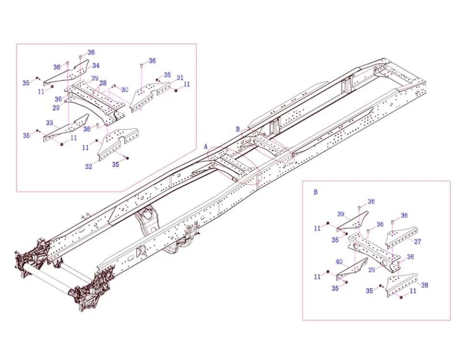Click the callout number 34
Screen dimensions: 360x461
pyautogui.click(x=96, y=66)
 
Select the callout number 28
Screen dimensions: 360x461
pyautogui.click(x=103, y=83)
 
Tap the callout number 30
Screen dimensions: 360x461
pyautogui.click(x=125, y=90)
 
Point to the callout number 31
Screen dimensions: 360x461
pyautogui.click(x=180, y=78)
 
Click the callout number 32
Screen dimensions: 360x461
pyautogui.click(x=89, y=167)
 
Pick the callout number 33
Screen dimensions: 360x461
pyautogui.click(x=49, y=123)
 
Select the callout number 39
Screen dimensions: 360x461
pyautogui.click(x=340, y=214)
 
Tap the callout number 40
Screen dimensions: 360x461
pyautogui.click(x=339, y=262)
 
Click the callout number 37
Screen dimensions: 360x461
pyautogui.click(x=418, y=241)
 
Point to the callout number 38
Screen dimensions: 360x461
pyautogui.click(x=425, y=285)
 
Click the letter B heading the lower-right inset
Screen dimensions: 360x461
pyautogui.click(x=315, y=192)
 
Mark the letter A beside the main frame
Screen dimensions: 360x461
pyautogui.click(x=206, y=145)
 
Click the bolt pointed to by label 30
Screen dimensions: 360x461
pyautogui.click(x=114, y=87)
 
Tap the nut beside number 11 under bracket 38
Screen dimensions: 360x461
pyautogui.click(x=401, y=297)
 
